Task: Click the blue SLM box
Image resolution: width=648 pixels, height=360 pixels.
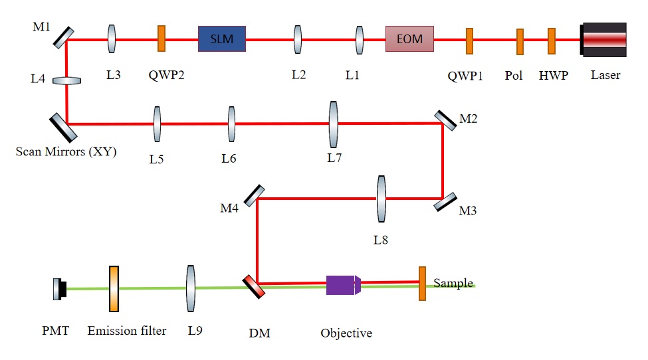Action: click(221, 39)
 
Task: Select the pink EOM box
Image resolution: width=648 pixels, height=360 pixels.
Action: click(409, 39)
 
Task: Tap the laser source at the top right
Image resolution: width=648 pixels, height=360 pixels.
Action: click(603, 39)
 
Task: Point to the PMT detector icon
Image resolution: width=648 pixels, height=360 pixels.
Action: click(60, 288)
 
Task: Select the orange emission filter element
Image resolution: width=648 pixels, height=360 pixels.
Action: click(114, 288)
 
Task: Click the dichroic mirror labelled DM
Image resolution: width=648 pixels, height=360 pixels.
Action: click(254, 286)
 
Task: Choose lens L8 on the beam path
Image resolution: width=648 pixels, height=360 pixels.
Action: click(381, 199)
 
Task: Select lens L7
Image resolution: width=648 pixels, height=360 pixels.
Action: click(334, 124)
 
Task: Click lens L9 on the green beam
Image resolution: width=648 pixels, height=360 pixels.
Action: click(191, 288)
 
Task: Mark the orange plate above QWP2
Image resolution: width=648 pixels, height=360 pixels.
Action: click(161, 39)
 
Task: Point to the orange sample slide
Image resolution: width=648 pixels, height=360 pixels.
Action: click(422, 284)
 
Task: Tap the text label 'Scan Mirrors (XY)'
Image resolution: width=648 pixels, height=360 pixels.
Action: click(66, 152)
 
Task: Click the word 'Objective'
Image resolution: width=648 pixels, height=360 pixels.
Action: click(346, 333)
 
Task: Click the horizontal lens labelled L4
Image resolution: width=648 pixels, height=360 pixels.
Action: click(66, 80)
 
